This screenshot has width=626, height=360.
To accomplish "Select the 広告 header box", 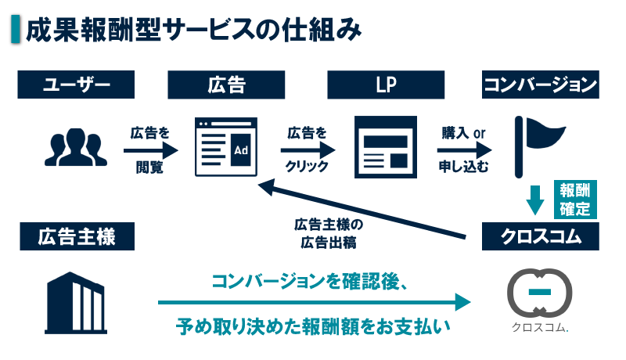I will click(227, 85).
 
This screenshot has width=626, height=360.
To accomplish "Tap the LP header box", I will click(386, 85).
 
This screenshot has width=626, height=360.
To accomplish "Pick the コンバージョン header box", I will click(541, 85).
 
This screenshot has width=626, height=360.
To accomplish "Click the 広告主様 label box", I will click(76, 236).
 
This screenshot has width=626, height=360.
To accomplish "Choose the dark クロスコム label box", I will click(541, 236).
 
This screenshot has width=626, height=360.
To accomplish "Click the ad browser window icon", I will click(227, 146).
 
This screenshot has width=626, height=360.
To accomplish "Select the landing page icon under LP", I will click(385, 146).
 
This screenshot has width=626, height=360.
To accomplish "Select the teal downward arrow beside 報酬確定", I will click(534, 200).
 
